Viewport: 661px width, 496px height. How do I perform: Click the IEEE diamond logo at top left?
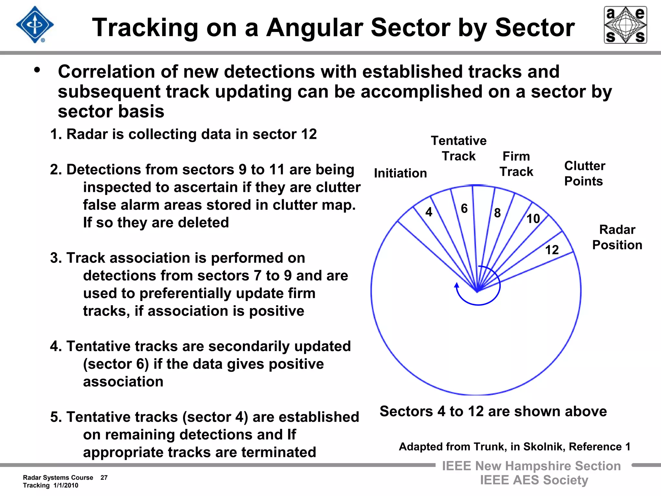35,25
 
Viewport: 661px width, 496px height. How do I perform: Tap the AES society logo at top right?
625,25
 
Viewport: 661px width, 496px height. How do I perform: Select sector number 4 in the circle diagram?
429,212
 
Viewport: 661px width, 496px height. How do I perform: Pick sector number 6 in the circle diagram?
464,209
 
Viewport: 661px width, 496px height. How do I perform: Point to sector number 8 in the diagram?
497,213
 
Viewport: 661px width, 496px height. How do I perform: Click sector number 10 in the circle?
533,219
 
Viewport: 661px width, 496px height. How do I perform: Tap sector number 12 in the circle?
552,250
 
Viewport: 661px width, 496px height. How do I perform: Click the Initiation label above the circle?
400,173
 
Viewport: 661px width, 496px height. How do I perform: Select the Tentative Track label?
459,149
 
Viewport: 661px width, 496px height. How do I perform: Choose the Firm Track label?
516,164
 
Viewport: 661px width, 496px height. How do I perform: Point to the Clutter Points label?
584,173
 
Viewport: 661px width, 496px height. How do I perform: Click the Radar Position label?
617,237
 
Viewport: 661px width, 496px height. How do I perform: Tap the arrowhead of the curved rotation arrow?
457,285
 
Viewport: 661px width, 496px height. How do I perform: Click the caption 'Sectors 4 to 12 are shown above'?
493,411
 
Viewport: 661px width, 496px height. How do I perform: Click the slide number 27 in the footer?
104,478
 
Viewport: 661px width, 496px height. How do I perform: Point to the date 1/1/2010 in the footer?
66,485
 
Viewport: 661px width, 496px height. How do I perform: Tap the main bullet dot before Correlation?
37,70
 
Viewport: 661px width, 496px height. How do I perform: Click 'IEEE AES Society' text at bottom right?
534,480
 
